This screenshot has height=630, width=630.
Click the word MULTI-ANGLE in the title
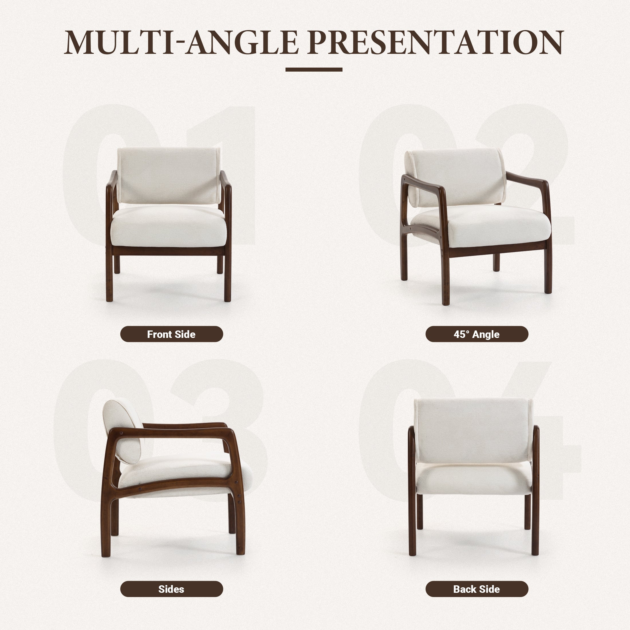tap(181, 42)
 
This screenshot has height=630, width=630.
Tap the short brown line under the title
tap(314, 70)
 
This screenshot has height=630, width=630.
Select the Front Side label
tap(172, 334)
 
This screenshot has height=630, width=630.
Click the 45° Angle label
tap(477, 334)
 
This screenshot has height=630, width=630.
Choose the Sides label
tap(172, 589)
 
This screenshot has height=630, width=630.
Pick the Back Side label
tap(477, 589)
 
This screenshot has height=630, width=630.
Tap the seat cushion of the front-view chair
tap(169, 227)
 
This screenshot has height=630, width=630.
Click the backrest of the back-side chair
tap(473, 430)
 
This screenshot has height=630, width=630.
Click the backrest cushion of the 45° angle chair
tap(456, 178)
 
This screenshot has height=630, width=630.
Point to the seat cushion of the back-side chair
tap(473, 479)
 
